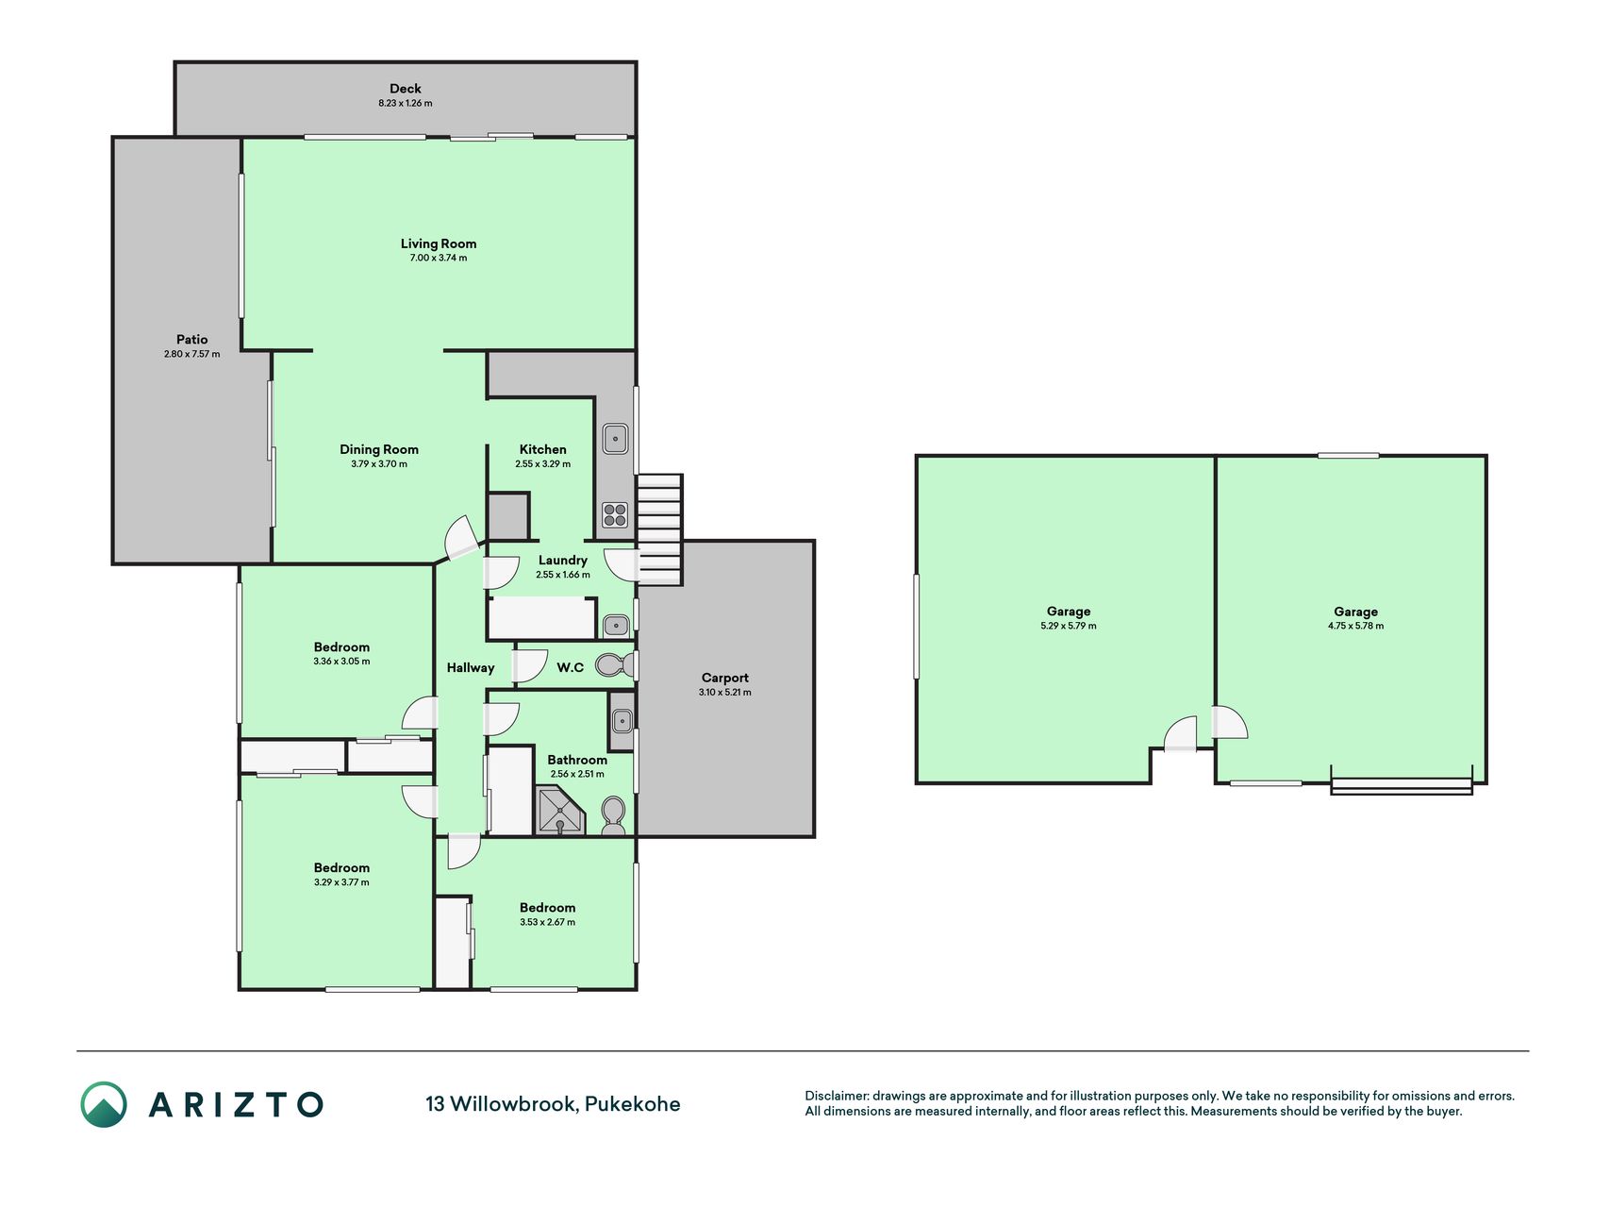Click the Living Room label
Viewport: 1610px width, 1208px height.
[439, 243]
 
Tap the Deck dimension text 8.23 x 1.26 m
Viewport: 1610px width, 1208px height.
[406, 104]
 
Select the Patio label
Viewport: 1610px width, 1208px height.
[191, 340]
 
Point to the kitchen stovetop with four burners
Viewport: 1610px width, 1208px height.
[615, 515]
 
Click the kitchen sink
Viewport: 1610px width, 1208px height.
[615, 438]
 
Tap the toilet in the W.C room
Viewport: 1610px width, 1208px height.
[617, 665]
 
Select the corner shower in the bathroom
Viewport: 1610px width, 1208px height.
[561, 813]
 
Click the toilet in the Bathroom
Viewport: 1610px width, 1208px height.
[613, 815]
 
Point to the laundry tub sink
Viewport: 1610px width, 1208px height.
[616, 625]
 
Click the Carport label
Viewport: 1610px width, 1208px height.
[725, 678]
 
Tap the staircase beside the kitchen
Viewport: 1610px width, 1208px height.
[659, 529]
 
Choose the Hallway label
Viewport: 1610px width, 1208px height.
[471, 668]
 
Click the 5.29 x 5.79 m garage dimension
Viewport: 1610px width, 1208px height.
[1069, 626]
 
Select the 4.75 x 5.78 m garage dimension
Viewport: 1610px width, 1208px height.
[1356, 626]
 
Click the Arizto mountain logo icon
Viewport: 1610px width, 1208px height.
[104, 1104]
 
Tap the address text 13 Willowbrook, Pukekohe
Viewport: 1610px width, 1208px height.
[553, 1104]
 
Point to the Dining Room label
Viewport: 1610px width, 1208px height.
[379, 450]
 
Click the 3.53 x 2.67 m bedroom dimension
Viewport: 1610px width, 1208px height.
[547, 922]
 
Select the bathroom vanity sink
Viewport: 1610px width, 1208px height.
[622, 720]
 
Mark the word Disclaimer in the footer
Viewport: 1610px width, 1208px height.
[836, 1096]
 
